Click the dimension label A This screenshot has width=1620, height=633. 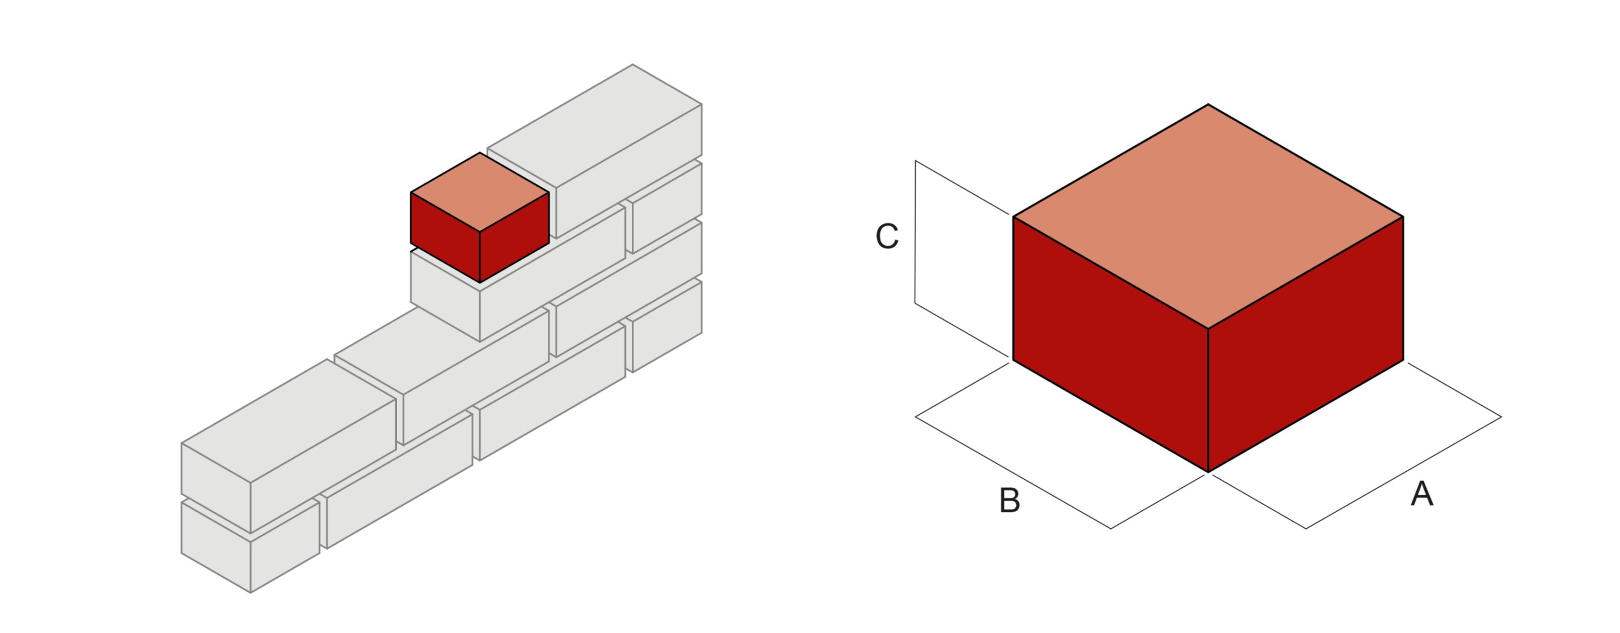coord(1422,494)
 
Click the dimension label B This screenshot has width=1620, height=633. coord(1010,501)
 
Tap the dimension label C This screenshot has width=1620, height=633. coord(887,236)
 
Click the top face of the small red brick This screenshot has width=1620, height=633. coord(480,192)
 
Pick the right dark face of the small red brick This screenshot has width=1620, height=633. coord(514,237)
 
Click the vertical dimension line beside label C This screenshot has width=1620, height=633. coord(915,232)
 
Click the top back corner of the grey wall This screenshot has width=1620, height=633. coord(632,64)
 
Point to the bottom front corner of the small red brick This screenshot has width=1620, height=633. coord(480,282)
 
